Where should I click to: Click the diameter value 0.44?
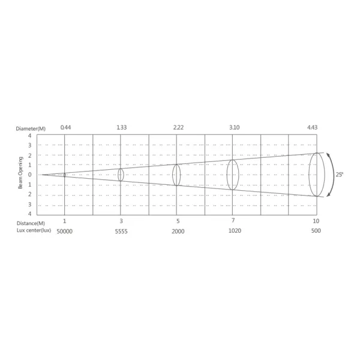pyautogui.click(x=65, y=127)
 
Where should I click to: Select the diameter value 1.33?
pyautogui.click(x=122, y=127)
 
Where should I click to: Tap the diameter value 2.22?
pyautogui.click(x=178, y=127)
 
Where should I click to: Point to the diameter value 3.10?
pyautogui.click(x=235, y=127)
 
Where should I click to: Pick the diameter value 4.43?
pyautogui.click(x=312, y=127)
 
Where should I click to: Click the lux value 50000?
pyautogui.click(x=65, y=232)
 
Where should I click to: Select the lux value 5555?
pyautogui.click(x=121, y=232)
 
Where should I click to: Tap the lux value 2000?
pyautogui.click(x=178, y=232)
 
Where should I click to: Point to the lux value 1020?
pyautogui.click(x=235, y=231)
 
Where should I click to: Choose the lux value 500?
pyautogui.click(x=316, y=231)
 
